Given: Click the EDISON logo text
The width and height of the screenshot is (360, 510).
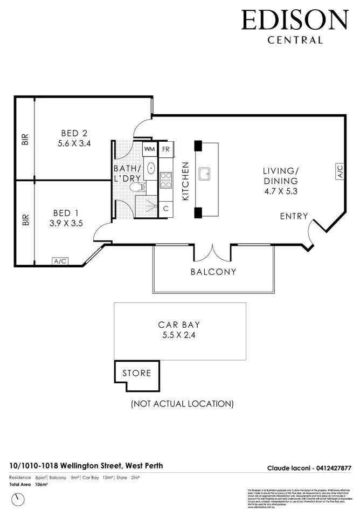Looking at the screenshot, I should click(x=295, y=20).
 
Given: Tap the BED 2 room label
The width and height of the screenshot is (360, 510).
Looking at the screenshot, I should click(x=74, y=133).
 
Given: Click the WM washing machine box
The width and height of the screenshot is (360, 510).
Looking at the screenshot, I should click(x=150, y=149).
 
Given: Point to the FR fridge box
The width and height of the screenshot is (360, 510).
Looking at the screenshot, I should click(x=165, y=149).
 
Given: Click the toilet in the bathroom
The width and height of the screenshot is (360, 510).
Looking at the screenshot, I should click(x=138, y=188).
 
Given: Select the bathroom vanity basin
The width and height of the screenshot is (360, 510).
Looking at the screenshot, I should click(x=150, y=169).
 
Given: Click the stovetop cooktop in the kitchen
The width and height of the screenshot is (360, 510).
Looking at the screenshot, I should click(x=165, y=180).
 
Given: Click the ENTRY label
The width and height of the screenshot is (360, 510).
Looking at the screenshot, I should click(x=294, y=216).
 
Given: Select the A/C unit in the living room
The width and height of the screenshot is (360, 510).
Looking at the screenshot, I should click(x=340, y=172).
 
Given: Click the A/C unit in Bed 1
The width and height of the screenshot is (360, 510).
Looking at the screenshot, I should click(x=60, y=261).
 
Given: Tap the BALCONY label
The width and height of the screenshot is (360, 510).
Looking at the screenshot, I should click(x=213, y=272).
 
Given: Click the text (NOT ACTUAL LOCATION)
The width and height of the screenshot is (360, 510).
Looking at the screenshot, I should click(x=182, y=403).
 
